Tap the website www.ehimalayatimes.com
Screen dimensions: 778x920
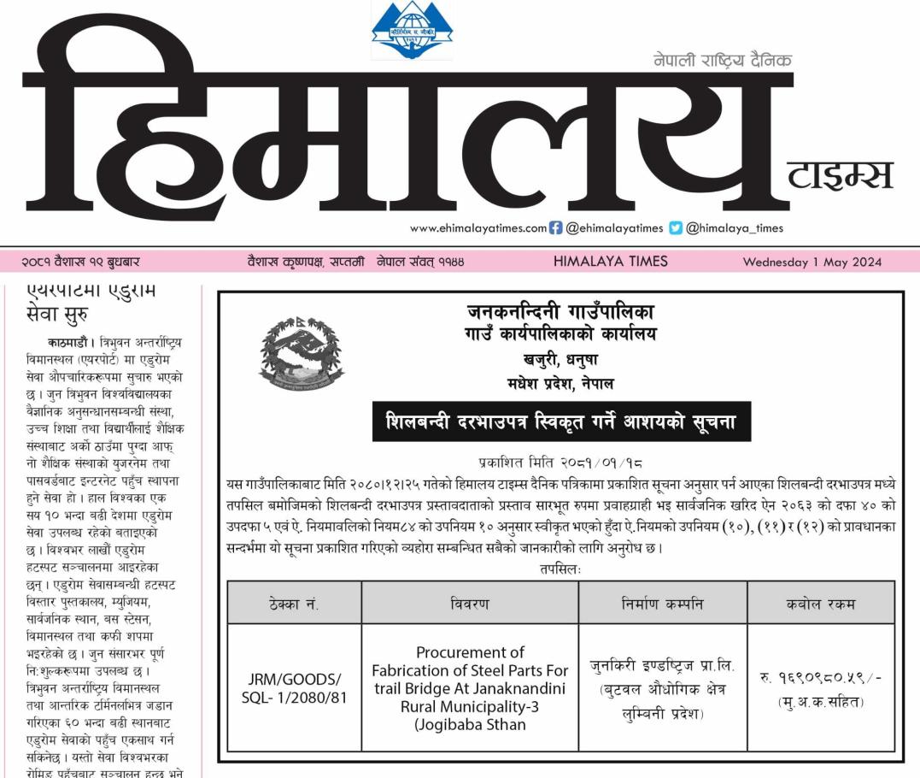click(x=478, y=228)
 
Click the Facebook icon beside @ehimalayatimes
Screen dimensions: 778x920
click(x=555, y=228)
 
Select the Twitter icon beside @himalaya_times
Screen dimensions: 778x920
click(x=676, y=228)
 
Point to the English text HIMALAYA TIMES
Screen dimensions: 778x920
click(x=610, y=262)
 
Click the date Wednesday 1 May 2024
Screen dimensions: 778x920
click(x=812, y=262)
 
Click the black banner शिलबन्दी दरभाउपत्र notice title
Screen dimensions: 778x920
click(x=561, y=421)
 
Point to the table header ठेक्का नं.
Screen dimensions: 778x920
click(x=294, y=604)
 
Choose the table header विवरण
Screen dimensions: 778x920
click(x=470, y=604)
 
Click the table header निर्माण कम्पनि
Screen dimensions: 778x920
click(x=662, y=604)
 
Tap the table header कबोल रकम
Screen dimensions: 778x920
click(x=820, y=604)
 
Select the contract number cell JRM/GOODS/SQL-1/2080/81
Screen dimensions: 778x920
click(x=294, y=689)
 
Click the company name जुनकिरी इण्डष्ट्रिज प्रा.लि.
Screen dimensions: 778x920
click(x=662, y=665)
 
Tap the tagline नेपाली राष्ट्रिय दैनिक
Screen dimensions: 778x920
click(x=723, y=60)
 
